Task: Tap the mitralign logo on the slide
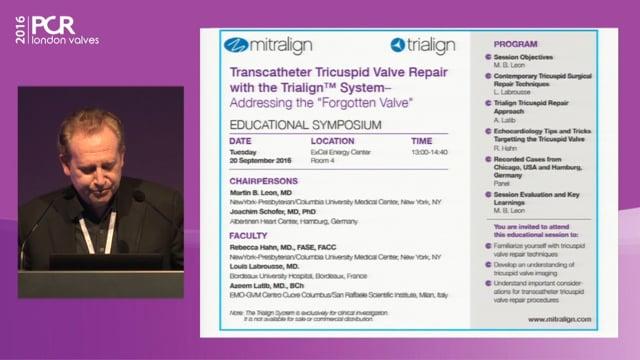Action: pos(262,45)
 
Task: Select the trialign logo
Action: pos(424,45)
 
